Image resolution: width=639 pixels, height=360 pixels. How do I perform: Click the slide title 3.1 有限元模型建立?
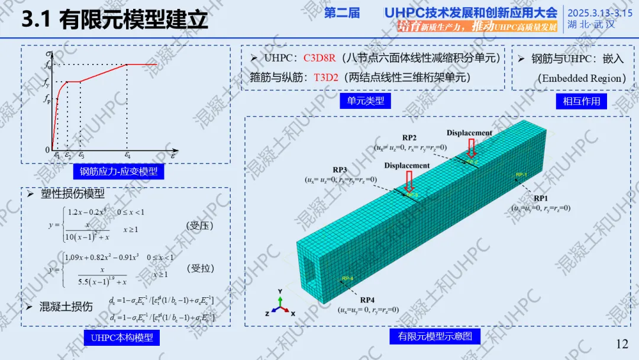coord(115,20)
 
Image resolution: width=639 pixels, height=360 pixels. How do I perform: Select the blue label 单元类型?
coord(366,101)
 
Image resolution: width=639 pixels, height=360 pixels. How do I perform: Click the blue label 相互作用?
coord(582,101)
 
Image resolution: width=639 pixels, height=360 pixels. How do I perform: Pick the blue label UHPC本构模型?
coord(121,337)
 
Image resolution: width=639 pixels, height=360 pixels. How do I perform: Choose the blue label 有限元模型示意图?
coord(435,336)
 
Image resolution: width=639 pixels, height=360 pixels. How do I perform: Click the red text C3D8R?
coord(319,58)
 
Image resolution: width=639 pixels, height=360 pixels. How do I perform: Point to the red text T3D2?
coord(325,77)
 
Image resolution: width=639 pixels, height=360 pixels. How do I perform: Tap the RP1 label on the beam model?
coord(541,198)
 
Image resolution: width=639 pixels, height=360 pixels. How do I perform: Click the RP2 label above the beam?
coord(409,137)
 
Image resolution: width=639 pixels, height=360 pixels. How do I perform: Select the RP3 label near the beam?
coord(340,169)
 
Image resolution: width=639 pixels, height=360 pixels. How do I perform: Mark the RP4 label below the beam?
coord(367,300)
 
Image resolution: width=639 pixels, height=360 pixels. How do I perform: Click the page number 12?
coord(622,344)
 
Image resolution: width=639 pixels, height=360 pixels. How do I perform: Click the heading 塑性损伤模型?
coord(72,194)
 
